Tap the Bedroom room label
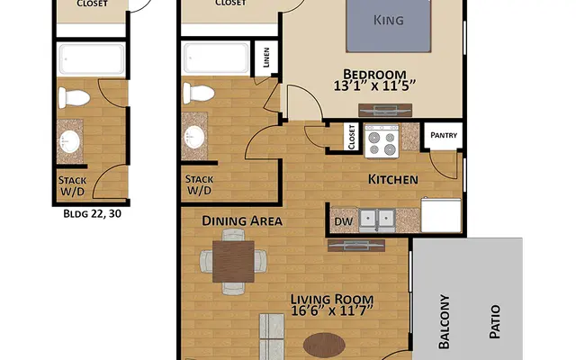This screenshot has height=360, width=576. pos(374,75)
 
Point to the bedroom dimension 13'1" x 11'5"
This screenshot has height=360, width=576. pos(374,88)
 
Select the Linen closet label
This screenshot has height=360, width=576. pos(265,59)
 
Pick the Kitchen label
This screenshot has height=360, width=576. pos(393,179)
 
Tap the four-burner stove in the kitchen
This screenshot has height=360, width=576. pos(381,139)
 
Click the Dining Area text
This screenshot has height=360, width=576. pos(242,220)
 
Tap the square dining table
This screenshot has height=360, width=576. pos(233,260)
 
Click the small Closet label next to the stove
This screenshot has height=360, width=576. pos(350,138)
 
